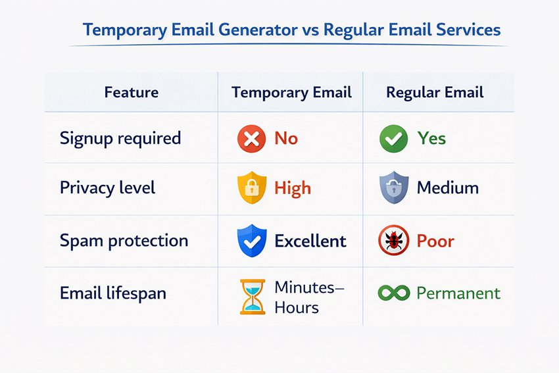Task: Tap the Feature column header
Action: tap(131, 92)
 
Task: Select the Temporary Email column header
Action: tap(291, 92)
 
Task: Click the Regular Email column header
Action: tap(435, 92)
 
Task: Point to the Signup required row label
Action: tap(120, 138)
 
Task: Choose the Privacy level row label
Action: tap(107, 187)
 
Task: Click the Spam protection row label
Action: tap(124, 240)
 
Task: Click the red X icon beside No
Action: tap(251, 139)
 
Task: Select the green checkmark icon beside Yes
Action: tap(393, 139)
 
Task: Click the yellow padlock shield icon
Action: tap(251, 189)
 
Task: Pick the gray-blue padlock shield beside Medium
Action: tap(393, 189)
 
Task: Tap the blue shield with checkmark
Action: tap(251, 241)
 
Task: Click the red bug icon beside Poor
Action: tap(393, 241)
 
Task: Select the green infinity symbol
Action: tap(393, 293)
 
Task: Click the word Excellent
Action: tap(310, 241)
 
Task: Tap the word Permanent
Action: tap(458, 293)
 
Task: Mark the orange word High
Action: tap(292, 189)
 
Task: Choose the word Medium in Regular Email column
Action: tap(447, 189)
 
